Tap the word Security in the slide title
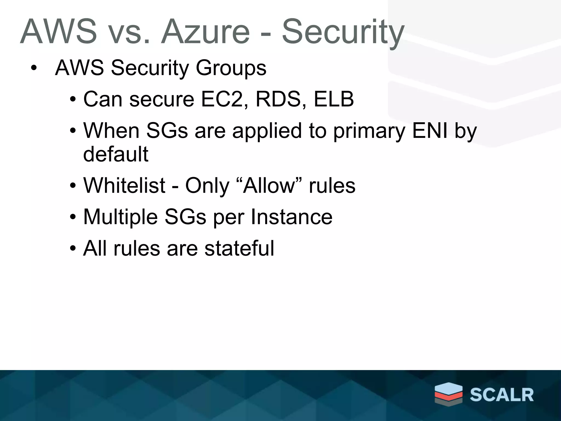343,32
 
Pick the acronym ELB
334,99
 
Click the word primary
369,131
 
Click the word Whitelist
124,186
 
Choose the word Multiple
121,217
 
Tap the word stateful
239,248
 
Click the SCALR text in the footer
502,395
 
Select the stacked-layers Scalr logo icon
448,393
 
